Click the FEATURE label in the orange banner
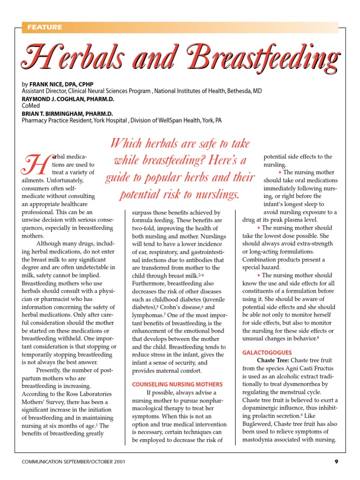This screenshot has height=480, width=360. pos(45,27)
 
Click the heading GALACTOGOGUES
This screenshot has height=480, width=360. pos(267,352)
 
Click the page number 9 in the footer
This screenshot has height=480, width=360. pos(336,462)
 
